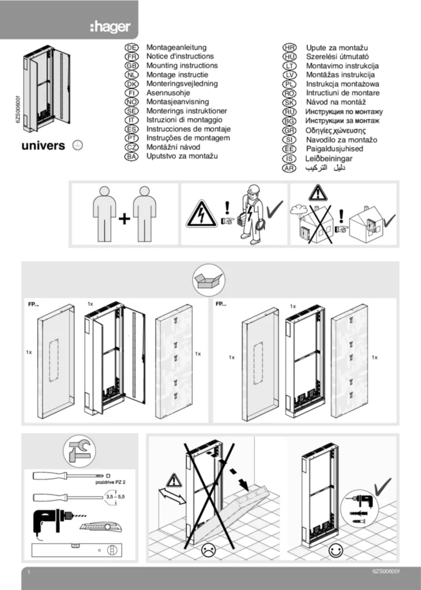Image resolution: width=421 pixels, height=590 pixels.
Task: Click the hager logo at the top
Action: [110, 27]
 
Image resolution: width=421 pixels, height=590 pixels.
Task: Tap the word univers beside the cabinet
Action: [43, 146]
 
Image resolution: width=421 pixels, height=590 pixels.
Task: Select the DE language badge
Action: [131, 47]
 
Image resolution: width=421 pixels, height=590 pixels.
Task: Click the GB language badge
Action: [131, 66]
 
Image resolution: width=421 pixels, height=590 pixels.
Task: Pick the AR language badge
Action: [289, 168]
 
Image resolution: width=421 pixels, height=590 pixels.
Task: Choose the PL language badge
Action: [289, 84]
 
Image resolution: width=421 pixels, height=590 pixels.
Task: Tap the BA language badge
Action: [131, 156]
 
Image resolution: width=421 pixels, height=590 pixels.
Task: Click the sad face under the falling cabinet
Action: [207, 551]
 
